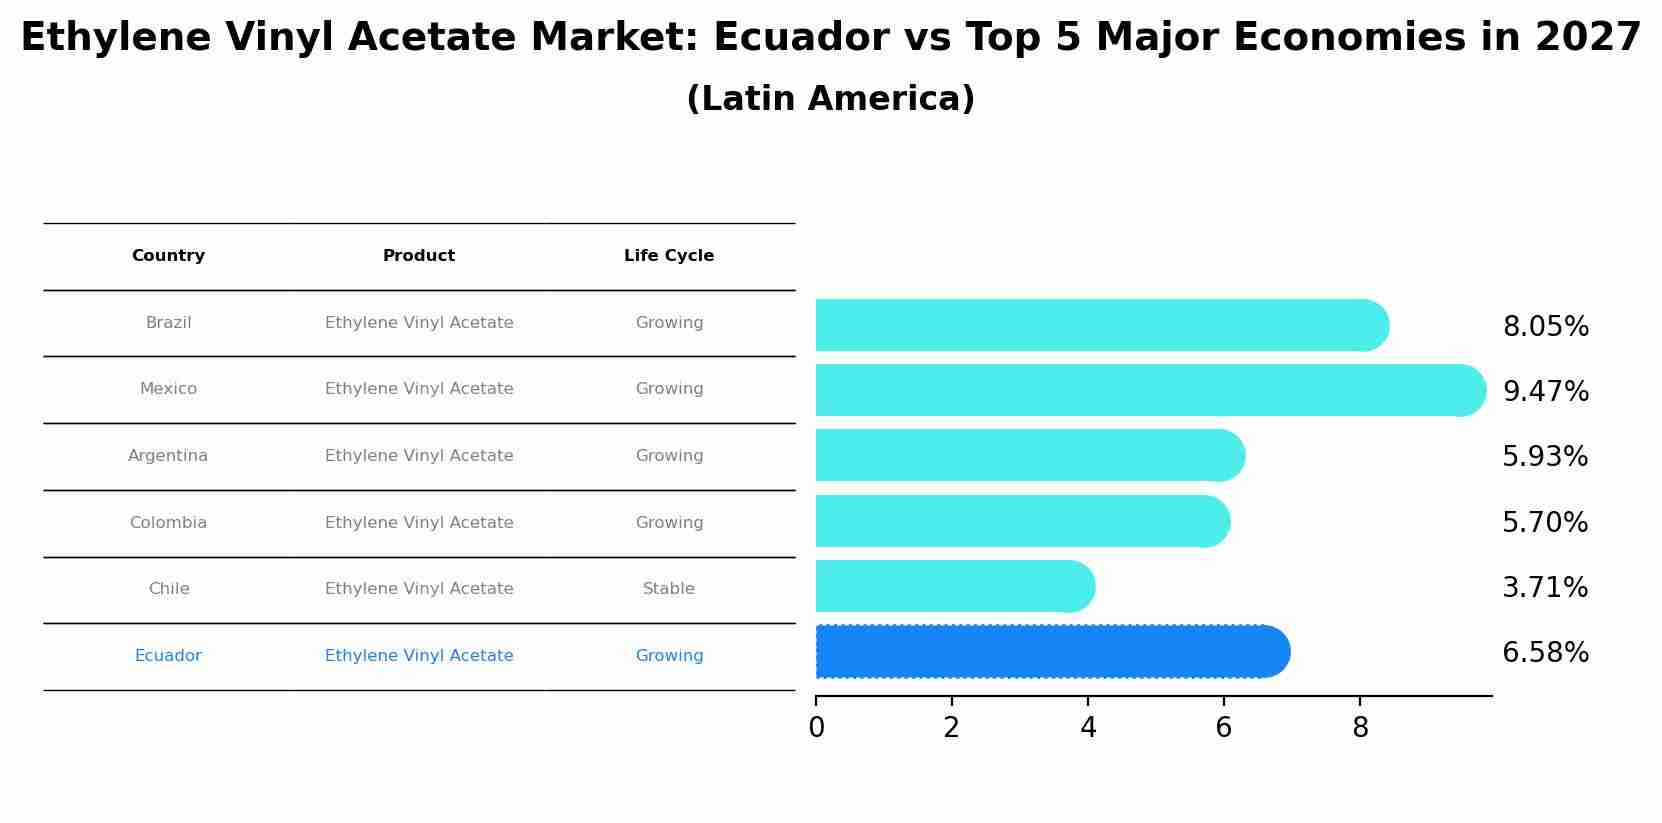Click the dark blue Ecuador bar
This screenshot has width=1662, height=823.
pos(1050,652)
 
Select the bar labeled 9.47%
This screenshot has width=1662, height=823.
pos(1150,390)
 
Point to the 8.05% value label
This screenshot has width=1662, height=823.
pos(1545,327)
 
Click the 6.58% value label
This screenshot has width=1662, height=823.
pos(1545,653)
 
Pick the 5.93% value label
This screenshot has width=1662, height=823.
pos(1545,457)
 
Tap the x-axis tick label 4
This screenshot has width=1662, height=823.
pos(1088,728)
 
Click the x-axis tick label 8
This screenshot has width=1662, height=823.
pos(1360,728)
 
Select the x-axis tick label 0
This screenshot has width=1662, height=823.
pos(816,728)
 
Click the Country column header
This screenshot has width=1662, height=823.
pos(168,256)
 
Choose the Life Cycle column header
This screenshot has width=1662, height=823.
pos(669,256)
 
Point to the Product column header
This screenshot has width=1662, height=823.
pos(419,256)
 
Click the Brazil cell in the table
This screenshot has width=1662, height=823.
pos(168,323)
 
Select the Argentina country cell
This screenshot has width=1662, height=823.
pos(168,456)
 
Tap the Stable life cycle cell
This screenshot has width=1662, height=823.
pos(669,589)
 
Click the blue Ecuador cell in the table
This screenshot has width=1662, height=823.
pos(168,656)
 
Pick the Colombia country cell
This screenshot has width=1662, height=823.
pos(168,523)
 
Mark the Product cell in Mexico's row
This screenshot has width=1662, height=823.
pos(419,389)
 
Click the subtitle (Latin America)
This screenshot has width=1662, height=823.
pos(830,99)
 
